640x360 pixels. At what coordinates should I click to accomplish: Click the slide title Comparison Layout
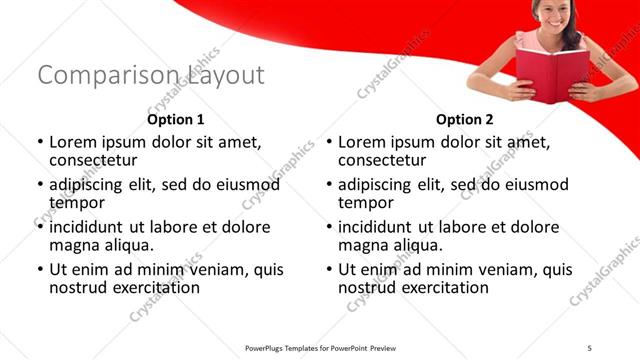[151, 76]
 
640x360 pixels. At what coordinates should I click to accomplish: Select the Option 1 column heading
[176, 119]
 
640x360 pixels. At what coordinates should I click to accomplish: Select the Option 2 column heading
[466, 119]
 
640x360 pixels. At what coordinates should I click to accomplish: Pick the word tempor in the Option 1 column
[76, 202]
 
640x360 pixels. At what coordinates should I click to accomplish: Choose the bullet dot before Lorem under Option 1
[40, 143]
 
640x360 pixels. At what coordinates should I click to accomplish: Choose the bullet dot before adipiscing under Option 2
[330, 186]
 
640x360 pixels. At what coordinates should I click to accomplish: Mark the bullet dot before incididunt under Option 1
[40, 228]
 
